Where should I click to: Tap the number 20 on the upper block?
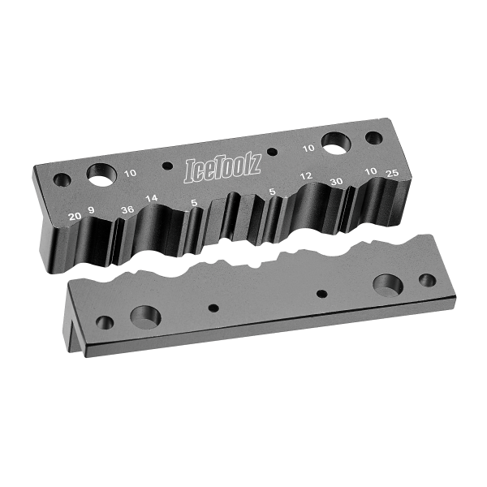pos(75,215)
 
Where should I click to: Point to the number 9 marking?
pos(92,211)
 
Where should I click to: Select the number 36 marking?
pos(127,207)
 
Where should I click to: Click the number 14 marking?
pos(152,199)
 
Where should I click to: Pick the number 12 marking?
pos(306,176)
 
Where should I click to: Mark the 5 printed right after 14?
pos(192,203)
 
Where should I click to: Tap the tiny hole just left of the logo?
pos(167,166)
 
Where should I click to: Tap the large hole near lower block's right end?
pos(389,286)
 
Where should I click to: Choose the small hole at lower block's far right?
pos(427,280)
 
